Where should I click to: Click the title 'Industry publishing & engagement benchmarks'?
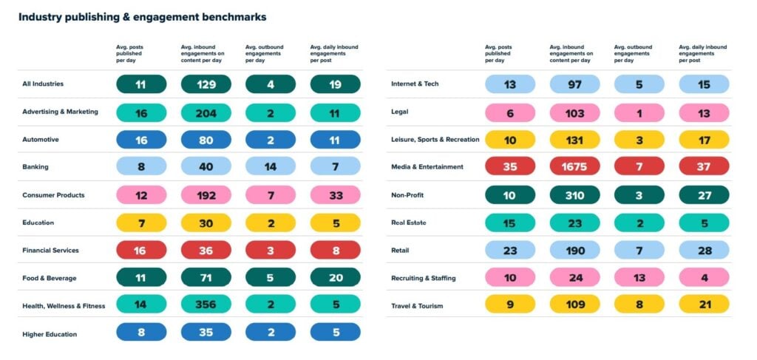[142, 16]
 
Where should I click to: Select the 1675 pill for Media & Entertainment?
[574, 166]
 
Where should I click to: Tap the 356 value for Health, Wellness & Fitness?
[206, 305]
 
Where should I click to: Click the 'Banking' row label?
[35, 167]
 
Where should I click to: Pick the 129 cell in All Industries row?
[206, 84]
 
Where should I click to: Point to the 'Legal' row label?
[400, 112]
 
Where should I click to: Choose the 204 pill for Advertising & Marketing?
[206, 112]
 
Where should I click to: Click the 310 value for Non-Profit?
[574, 194]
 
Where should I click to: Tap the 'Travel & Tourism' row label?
[417, 306]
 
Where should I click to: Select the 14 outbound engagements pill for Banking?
[270, 167]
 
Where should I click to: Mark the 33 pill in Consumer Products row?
[335, 195]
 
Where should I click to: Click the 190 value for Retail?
[574, 250]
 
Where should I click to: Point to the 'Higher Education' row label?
[50, 334]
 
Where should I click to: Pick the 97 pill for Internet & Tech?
[574, 84]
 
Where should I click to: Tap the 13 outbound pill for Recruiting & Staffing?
[639, 278]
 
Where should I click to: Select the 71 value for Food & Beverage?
[206, 278]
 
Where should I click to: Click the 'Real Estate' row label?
[409, 223]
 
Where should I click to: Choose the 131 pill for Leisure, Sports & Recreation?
[574, 139]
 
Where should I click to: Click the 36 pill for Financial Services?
[206, 251]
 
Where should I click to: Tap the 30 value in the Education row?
[206, 223]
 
